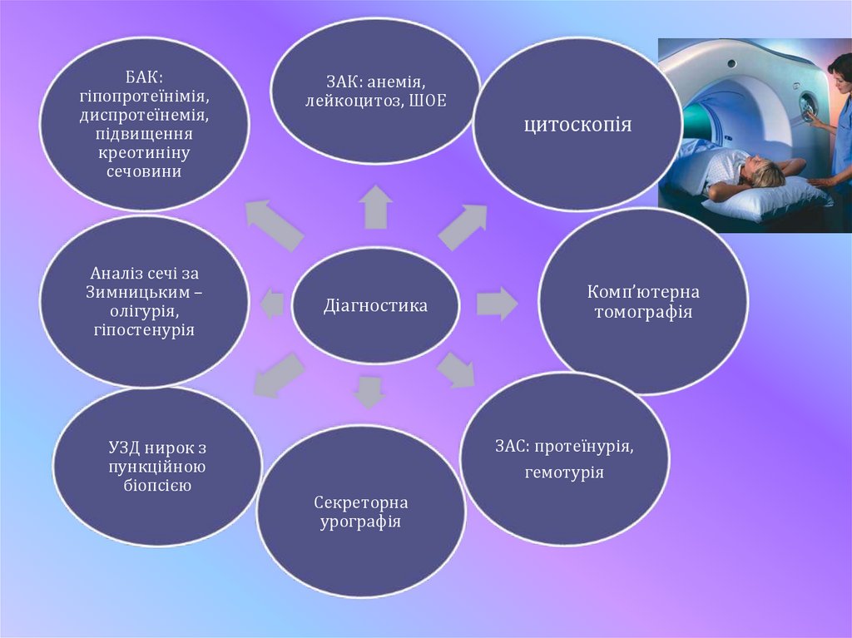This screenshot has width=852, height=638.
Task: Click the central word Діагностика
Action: (x=375, y=306)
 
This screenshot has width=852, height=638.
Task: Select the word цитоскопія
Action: (x=577, y=126)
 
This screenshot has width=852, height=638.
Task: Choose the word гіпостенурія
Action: (x=144, y=330)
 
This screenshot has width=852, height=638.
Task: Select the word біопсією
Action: (x=157, y=485)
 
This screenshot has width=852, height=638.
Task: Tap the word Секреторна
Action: (x=361, y=504)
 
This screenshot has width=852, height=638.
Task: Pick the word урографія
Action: (x=361, y=522)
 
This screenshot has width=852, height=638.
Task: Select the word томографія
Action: (x=643, y=313)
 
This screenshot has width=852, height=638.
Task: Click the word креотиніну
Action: (x=145, y=153)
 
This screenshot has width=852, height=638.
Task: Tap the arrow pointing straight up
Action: (x=376, y=206)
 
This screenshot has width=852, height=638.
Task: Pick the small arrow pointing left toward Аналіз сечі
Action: (x=272, y=304)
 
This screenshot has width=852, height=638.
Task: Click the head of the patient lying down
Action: (x=763, y=172)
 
